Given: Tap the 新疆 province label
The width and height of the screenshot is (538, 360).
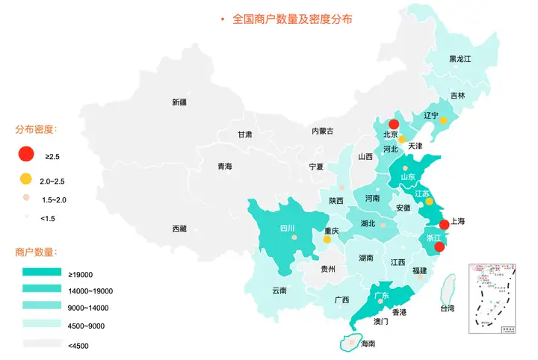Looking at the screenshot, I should pyautogui.click(x=180, y=102).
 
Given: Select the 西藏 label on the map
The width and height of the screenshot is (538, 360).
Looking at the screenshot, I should pyautogui.click(x=179, y=228).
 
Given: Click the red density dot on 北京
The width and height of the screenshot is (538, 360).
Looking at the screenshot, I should pyautogui.click(x=394, y=124).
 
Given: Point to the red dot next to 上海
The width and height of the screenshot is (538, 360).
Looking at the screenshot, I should pyautogui.click(x=443, y=224).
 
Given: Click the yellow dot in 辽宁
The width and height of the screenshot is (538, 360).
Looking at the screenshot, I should pyautogui.click(x=443, y=120).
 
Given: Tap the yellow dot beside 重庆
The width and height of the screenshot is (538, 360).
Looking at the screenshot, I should pyautogui.click(x=327, y=240).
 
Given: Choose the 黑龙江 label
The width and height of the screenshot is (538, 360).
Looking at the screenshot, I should pyautogui.click(x=460, y=58).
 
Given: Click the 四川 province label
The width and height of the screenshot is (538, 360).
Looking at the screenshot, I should pyautogui.click(x=287, y=228).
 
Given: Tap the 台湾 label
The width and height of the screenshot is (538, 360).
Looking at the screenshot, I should pyautogui.click(x=447, y=308).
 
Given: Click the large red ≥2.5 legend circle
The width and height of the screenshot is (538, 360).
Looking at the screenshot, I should pyautogui.click(x=26, y=155).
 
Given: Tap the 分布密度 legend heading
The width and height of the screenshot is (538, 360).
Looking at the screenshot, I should pyautogui.click(x=36, y=128).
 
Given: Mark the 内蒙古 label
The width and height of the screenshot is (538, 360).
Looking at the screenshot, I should pyautogui.click(x=322, y=131).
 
